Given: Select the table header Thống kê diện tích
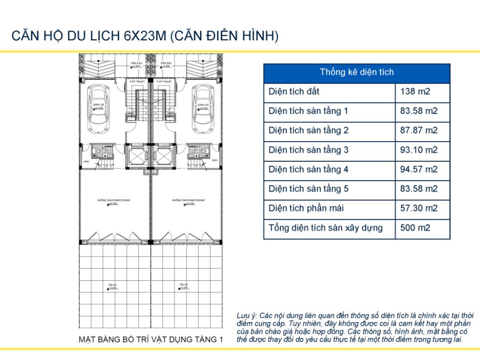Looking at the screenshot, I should (357, 72).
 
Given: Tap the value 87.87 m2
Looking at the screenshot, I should (419, 131).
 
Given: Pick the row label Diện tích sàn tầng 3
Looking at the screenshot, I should (309, 150).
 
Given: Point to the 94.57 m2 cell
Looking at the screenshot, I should (419, 169).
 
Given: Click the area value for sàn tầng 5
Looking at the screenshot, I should (419, 189).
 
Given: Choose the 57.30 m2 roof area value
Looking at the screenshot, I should (419, 208).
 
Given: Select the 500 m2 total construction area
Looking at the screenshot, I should (416, 228).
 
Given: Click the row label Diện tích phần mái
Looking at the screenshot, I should (306, 208).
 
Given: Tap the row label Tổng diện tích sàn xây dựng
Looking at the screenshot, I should (326, 228).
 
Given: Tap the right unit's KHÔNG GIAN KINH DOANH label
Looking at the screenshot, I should (188, 200).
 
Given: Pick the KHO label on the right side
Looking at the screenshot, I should (215, 160).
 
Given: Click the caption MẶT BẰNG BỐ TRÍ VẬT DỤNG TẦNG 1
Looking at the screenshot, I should (151, 339).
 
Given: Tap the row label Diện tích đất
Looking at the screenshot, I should (294, 91).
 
